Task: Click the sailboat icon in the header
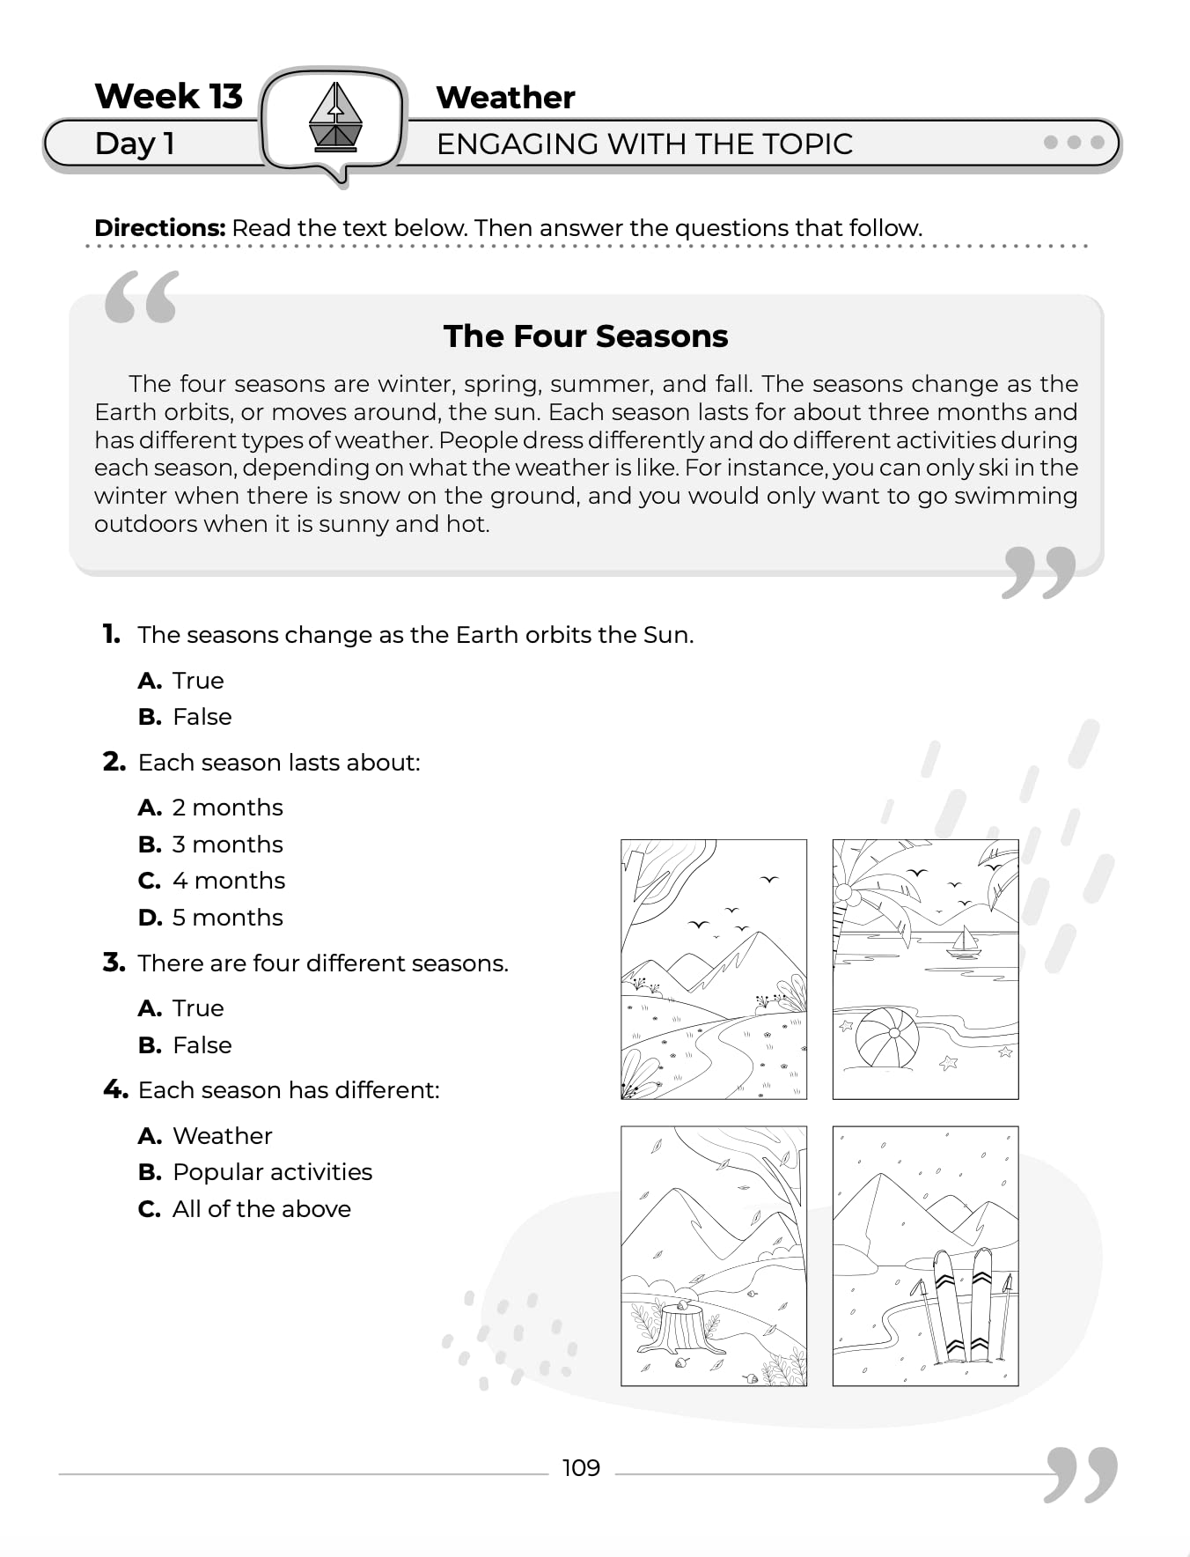[335, 116]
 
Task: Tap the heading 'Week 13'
[168, 96]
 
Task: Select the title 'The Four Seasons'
[585, 336]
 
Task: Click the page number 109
[581, 1468]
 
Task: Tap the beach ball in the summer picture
[886, 1037]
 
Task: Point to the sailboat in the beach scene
[964, 942]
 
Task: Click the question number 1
[111, 634]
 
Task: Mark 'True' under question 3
[198, 1008]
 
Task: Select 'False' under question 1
[202, 717]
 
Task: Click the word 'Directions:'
[160, 228]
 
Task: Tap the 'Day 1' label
[135, 144]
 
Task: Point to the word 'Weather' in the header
[505, 97]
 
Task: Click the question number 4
[114, 1090]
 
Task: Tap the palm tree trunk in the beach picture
[841, 916]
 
